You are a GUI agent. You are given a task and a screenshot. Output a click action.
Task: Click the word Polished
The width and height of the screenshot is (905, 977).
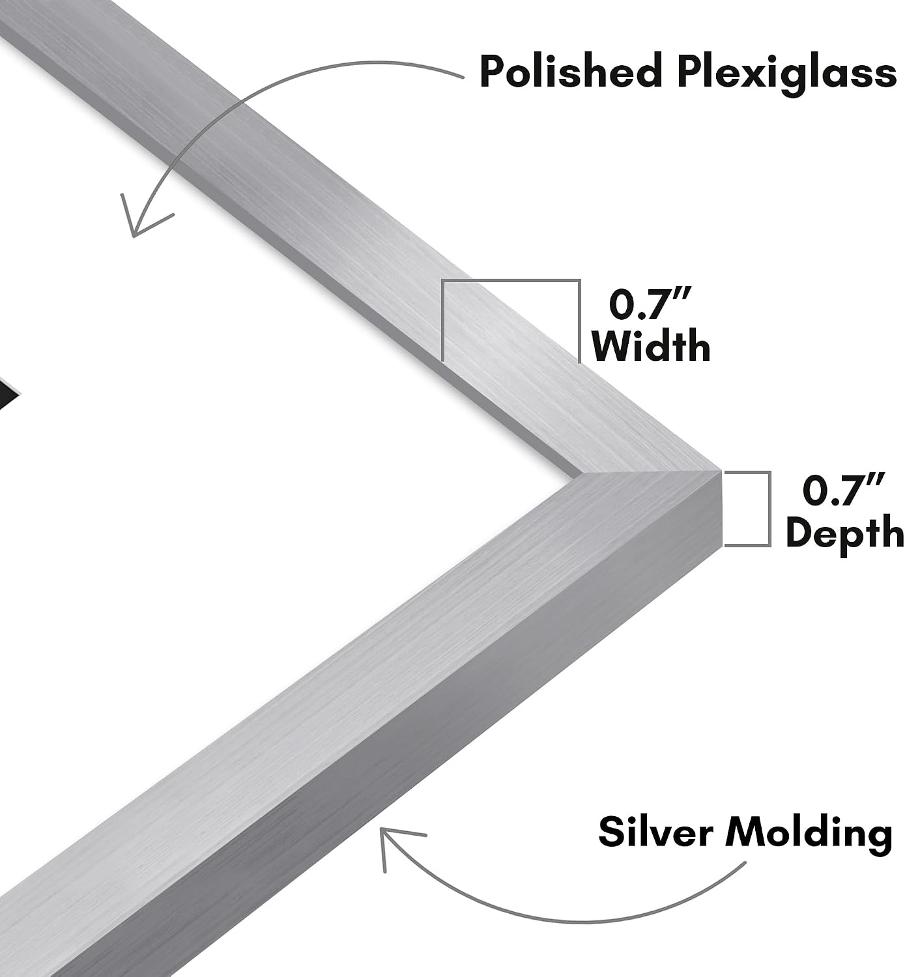tap(570, 72)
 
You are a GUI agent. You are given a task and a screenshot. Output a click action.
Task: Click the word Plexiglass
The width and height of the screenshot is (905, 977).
tap(786, 75)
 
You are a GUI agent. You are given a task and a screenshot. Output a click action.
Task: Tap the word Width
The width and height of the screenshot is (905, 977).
tap(651, 347)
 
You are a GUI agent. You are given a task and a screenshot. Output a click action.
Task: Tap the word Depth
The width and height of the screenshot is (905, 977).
tap(845, 533)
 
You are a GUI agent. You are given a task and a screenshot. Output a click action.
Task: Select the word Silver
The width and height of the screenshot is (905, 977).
tap(655, 831)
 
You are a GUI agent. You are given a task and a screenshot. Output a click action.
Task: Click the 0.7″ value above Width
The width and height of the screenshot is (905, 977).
tap(650, 304)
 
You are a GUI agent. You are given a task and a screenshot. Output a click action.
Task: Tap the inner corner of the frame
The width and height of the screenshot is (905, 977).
tap(582, 475)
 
